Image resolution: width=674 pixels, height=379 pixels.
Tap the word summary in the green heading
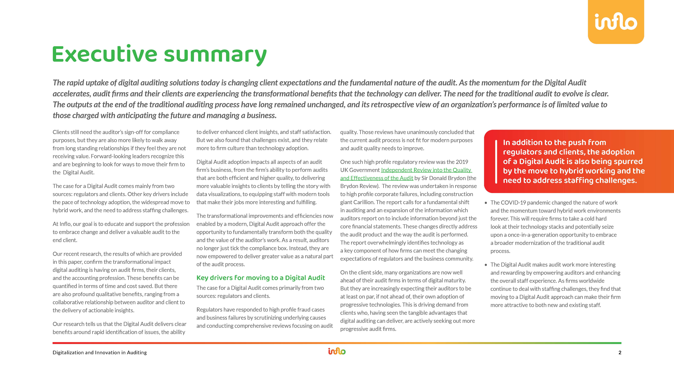[x=215, y=55]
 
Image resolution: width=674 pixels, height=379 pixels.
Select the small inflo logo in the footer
[x=337, y=351]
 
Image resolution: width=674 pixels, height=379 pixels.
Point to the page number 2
[x=620, y=353]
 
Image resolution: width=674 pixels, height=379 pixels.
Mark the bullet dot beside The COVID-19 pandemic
[x=486, y=203]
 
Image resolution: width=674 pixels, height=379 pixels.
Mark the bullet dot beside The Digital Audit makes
[x=486, y=265]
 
